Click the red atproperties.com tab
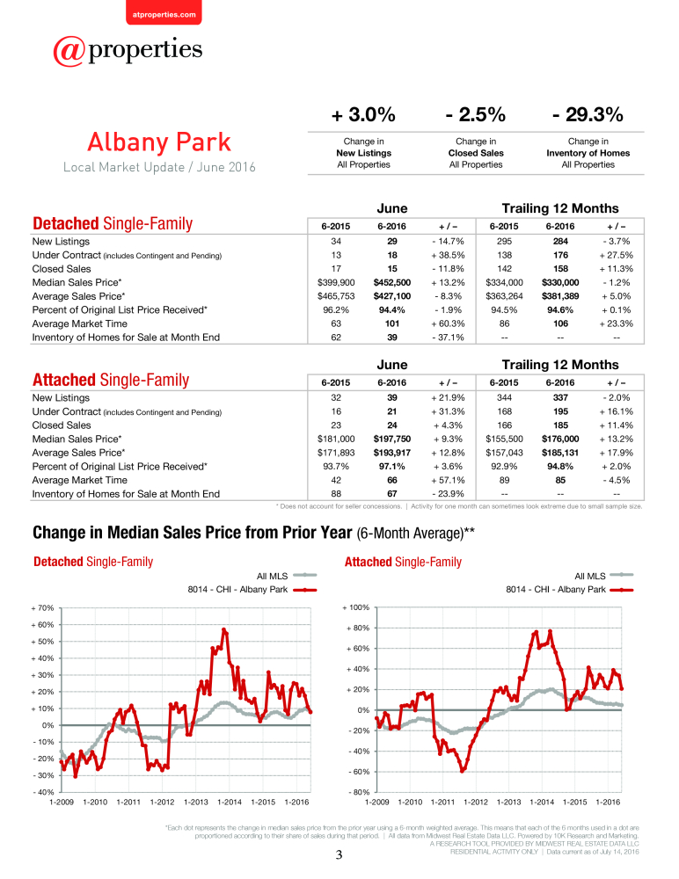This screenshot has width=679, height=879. click(164, 12)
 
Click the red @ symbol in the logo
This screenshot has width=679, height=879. click(69, 51)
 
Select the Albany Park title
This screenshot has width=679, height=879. click(159, 142)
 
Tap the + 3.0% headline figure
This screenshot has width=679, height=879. click(363, 114)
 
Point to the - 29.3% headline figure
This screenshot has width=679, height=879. click(588, 114)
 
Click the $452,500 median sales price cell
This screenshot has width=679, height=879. click(392, 282)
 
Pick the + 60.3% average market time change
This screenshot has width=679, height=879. click(448, 323)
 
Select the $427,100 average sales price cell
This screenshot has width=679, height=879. click(392, 296)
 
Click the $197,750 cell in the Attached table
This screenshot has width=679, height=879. click(392, 439)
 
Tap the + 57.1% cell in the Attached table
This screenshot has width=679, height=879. click(448, 480)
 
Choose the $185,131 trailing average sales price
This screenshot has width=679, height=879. click(560, 453)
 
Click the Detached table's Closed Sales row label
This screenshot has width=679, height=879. click(62, 268)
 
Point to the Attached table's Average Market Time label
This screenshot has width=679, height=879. click(80, 480)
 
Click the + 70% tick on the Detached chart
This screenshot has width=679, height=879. click(42, 607)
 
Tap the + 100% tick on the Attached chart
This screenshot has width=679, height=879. click(356, 607)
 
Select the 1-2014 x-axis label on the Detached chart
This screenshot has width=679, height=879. click(230, 802)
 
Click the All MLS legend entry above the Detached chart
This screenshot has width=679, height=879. click(287, 576)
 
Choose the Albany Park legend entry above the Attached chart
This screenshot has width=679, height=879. click(570, 589)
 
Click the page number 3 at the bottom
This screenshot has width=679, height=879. click(339, 855)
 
